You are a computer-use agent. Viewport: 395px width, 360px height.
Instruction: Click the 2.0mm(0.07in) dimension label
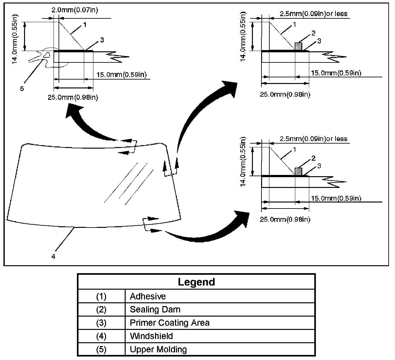[75, 10]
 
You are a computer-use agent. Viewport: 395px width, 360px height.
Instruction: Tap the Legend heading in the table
[196, 282]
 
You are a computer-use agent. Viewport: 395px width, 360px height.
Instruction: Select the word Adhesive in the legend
[148, 296]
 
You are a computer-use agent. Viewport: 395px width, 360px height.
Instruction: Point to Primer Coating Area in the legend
[170, 323]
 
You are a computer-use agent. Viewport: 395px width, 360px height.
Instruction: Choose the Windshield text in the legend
[151, 336]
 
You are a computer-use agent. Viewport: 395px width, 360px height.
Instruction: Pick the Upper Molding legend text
[158, 350]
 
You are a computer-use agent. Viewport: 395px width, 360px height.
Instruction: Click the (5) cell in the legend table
[101, 350]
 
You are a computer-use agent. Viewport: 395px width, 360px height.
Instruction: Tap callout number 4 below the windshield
[53, 256]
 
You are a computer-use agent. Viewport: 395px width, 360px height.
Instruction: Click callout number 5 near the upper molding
[22, 88]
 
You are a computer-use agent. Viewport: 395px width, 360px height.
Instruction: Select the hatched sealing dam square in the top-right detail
[298, 46]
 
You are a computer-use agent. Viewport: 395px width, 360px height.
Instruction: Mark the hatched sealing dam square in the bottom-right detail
[298, 171]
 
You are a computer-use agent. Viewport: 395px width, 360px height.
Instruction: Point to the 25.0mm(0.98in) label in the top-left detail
[73, 97]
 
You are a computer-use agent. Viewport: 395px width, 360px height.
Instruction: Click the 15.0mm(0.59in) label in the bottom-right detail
[336, 198]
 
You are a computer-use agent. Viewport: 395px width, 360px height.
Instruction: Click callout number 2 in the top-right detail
[313, 33]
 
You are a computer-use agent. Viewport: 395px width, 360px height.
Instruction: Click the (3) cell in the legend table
[101, 323]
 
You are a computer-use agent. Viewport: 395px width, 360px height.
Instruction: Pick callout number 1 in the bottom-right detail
[294, 149]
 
